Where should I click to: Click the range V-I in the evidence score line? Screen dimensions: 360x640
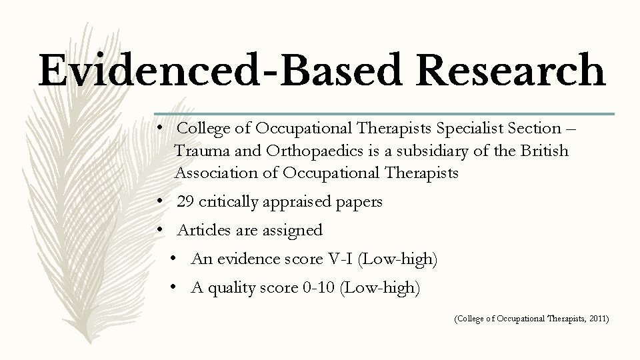(342, 259)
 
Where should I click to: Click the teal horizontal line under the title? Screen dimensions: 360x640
(384, 113)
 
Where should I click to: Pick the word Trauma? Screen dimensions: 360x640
(197, 151)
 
